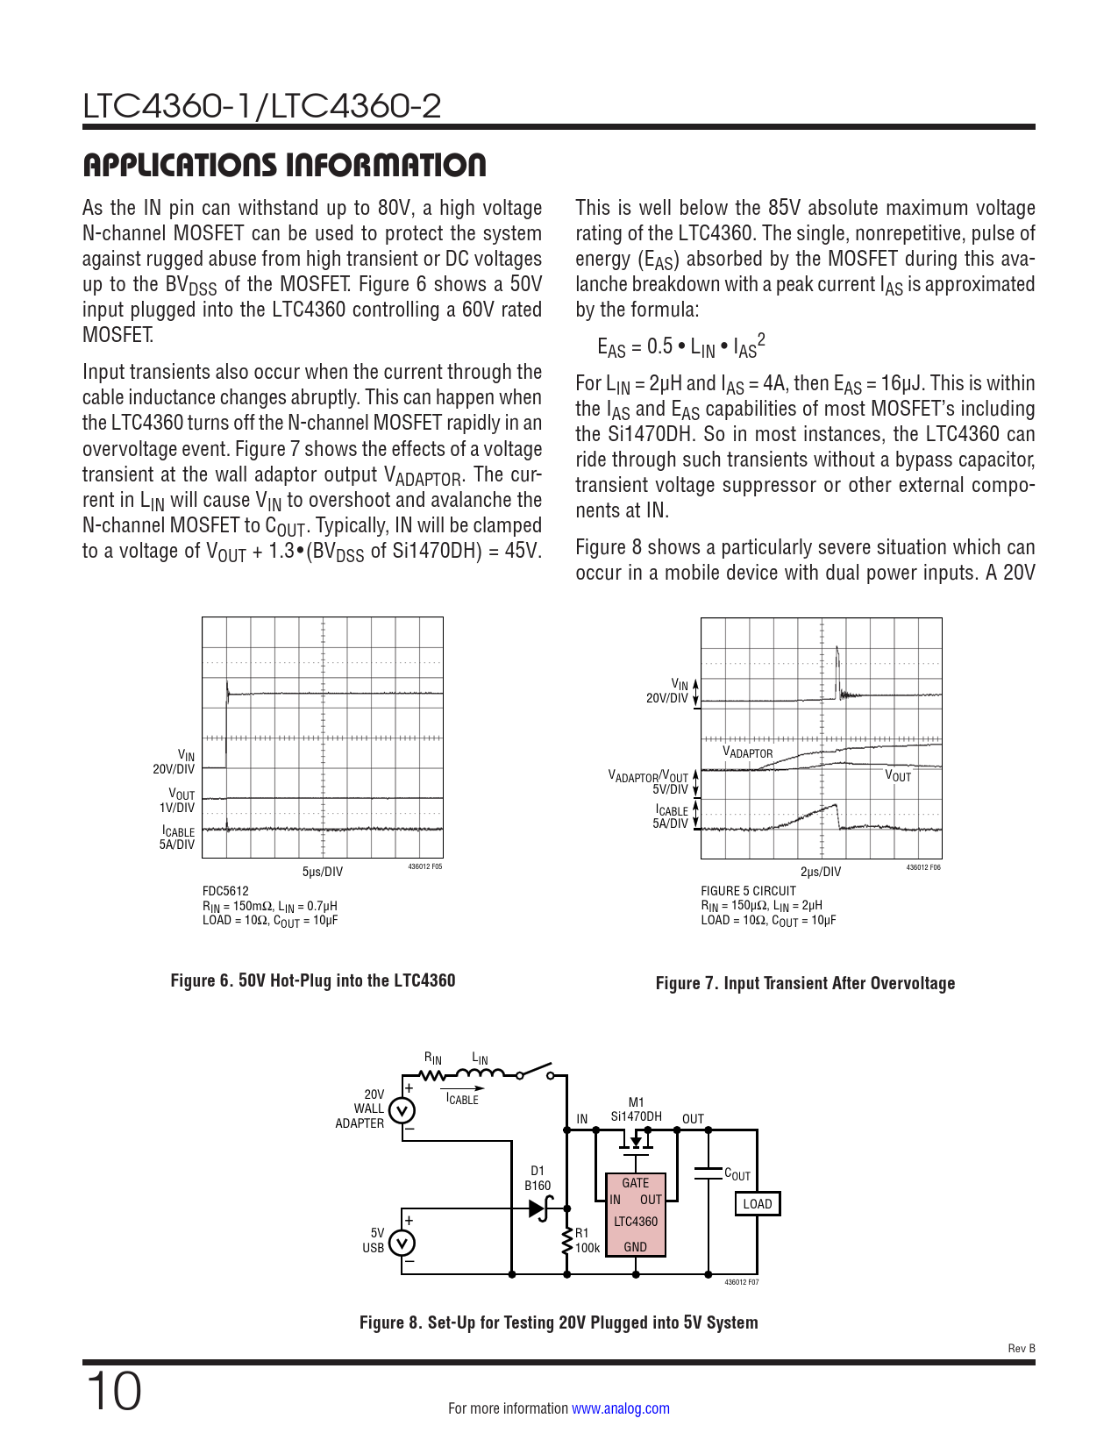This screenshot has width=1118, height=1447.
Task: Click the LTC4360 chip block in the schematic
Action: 636,1214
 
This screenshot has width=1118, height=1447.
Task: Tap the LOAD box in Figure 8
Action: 757,1204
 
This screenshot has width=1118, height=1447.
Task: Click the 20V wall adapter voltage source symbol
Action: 402,1111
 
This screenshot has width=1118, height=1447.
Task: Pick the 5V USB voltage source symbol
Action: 402,1243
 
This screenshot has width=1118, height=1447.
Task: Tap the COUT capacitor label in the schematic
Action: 737,1174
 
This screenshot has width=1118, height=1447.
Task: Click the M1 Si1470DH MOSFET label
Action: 637,1109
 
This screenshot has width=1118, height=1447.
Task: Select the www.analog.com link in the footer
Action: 621,1408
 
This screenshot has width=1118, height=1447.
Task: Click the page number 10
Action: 114,1392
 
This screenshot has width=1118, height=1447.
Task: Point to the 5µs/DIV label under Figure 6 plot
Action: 323,872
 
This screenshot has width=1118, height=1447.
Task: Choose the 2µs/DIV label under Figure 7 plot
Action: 821,872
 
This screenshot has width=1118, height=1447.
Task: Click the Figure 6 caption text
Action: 313,980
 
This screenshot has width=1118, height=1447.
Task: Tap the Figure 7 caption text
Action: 805,983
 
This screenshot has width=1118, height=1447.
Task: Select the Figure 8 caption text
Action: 559,1322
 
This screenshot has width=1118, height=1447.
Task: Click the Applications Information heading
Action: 284,165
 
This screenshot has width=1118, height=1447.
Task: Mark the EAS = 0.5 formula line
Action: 681,346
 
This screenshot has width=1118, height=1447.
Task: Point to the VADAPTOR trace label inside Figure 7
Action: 748,752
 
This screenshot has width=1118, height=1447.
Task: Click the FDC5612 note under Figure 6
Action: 225,891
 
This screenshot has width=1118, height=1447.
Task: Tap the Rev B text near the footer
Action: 1022,1349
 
